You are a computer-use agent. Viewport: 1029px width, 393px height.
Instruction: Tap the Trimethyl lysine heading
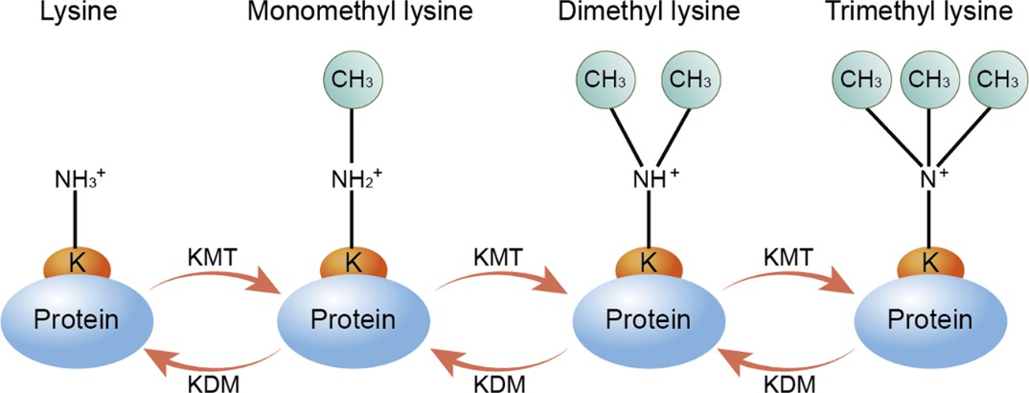(x=925, y=13)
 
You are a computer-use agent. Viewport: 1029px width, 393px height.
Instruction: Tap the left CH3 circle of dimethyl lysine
(x=602, y=79)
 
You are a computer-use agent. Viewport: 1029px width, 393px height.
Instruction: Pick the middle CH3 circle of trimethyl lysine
(x=927, y=79)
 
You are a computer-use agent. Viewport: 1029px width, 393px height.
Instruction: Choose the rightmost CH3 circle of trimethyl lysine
(x=993, y=79)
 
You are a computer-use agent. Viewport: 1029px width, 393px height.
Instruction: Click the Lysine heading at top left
(x=73, y=13)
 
